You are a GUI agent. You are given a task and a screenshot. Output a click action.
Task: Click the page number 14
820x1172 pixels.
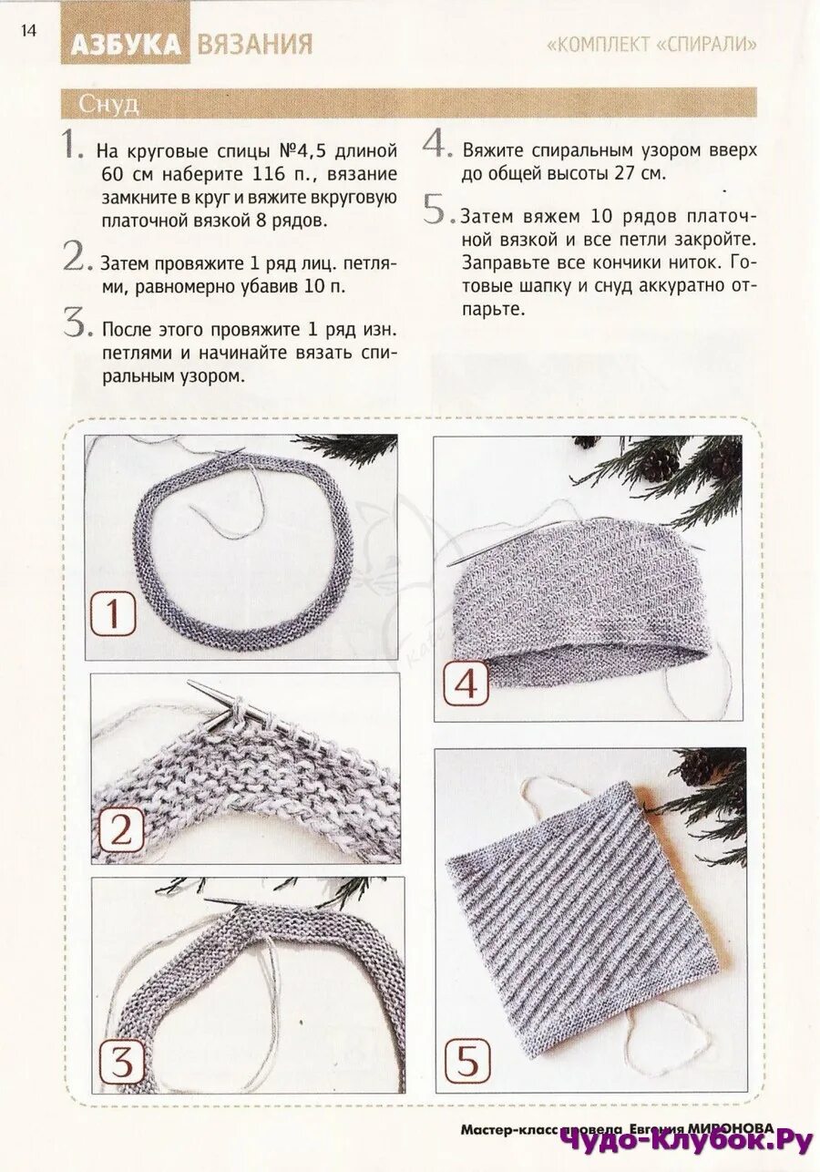point(29,31)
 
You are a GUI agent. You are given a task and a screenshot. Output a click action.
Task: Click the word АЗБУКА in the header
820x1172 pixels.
point(126,45)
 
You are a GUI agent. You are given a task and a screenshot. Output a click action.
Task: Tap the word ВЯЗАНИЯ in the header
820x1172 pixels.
point(255,45)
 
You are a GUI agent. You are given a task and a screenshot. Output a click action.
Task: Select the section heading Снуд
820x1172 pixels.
point(108,105)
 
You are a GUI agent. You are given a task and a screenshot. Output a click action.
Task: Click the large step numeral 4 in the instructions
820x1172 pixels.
point(436,143)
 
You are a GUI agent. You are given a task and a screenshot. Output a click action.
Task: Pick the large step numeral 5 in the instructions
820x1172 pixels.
point(438,210)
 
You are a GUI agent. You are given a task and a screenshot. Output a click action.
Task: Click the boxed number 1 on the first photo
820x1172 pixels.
point(113,612)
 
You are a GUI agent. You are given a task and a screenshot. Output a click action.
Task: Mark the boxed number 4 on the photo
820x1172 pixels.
point(466,684)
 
